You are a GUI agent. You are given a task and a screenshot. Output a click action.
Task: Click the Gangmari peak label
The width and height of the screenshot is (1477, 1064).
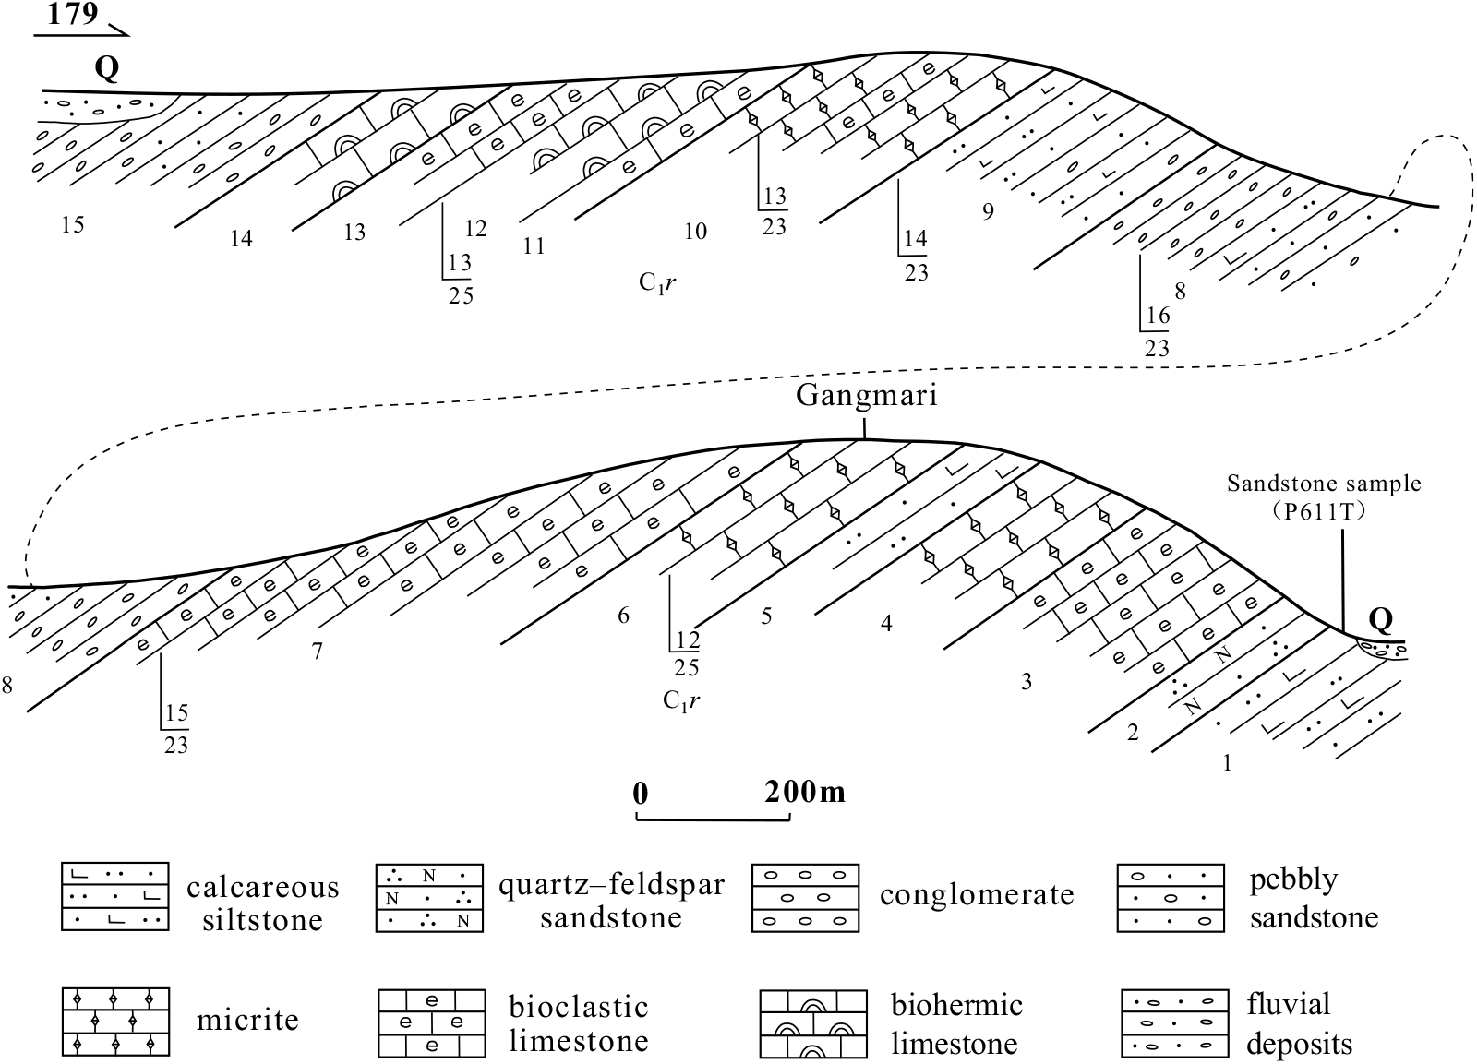pyautogui.click(x=867, y=397)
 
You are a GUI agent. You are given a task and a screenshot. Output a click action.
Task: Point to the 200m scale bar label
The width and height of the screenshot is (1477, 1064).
pyautogui.click(x=804, y=792)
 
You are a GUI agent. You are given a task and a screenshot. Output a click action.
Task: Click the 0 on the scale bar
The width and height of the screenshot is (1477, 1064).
pyautogui.click(x=641, y=793)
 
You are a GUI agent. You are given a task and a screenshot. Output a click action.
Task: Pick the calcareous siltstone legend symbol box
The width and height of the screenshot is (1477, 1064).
pyautogui.click(x=114, y=897)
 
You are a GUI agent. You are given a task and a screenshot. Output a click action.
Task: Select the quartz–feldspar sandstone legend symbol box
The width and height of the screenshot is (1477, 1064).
pyautogui.click(x=429, y=898)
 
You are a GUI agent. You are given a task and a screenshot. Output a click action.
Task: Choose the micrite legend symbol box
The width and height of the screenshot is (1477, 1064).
pyautogui.click(x=114, y=1022)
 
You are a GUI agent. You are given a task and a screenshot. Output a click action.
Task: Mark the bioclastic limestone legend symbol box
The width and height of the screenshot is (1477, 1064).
pyautogui.click(x=431, y=1022)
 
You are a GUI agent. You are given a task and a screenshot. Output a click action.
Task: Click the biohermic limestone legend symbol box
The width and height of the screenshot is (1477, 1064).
pyautogui.click(x=813, y=1023)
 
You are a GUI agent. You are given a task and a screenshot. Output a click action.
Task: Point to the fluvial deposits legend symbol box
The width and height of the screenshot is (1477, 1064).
pyautogui.click(x=1174, y=1023)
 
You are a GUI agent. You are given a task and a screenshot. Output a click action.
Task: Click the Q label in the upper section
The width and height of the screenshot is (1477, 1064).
pyautogui.click(x=107, y=69)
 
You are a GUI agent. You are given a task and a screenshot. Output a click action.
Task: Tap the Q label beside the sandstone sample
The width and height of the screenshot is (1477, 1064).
pyautogui.click(x=1381, y=619)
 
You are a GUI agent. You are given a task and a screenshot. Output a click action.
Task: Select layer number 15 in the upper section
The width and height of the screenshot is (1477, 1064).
pyautogui.click(x=73, y=224)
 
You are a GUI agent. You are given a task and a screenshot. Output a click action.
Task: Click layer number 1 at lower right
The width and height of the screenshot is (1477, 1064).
pyautogui.click(x=1227, y=763)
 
